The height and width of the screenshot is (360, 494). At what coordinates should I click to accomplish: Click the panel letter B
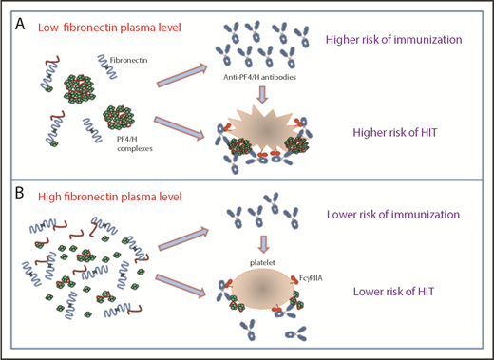pyautogui.click(x=18, y=194)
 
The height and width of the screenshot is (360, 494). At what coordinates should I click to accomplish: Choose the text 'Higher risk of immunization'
pyautogui.click(x=398, y=40)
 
